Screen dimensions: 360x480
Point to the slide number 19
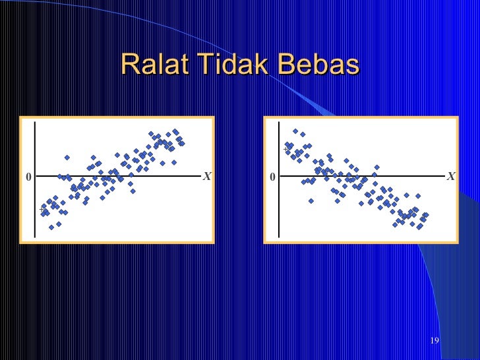[x=434, y=340]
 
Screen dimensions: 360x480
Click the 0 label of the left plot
[x=28, y=177]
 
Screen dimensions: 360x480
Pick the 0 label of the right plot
[x=272, y=177]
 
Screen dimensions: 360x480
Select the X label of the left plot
[x=206, y=177]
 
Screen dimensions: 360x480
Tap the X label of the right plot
[x=450, y=177]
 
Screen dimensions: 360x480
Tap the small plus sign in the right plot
[x=286, y=150]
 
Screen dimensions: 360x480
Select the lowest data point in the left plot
[x=51, y=227]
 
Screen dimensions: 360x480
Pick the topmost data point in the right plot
[x=295, y=131]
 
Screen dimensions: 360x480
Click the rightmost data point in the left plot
[x=182, y=143]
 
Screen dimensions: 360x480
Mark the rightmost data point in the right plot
[x=426, y=214]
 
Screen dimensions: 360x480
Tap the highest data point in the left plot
[x=175, y=131]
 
